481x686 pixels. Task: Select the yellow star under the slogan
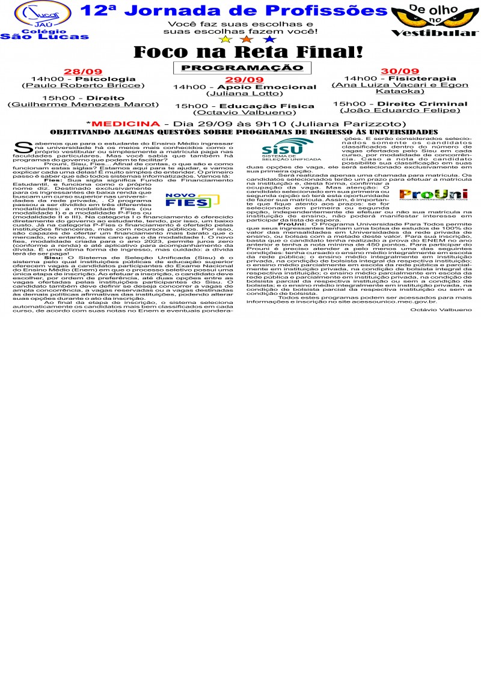click(225, 39)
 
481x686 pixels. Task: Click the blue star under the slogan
click(270, 39)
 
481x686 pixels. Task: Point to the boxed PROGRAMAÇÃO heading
click(242, 68)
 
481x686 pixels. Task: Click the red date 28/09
click(83, 71)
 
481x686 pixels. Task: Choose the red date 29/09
click(244, 80)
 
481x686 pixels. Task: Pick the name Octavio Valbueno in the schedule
click(244, 112)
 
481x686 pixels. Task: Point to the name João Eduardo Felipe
click(400, 110)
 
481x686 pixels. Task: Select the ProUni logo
click(441, 193)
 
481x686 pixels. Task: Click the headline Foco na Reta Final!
click(248, 52)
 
